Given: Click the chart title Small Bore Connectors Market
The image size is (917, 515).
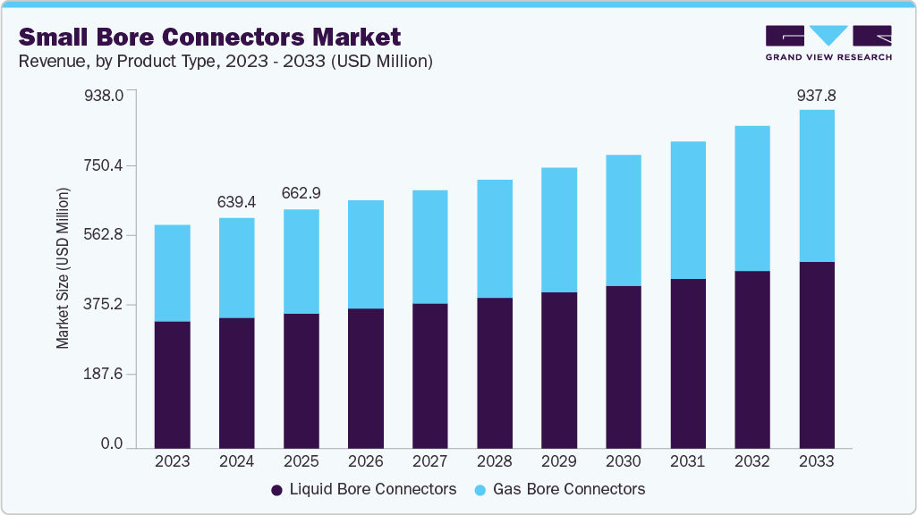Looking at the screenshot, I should coord(209,37).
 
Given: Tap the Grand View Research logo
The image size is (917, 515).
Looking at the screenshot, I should coord(828,43).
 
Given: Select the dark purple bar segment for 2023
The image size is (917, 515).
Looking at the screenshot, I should coord(173,384).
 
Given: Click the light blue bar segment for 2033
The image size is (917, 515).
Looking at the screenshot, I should coord(817,186).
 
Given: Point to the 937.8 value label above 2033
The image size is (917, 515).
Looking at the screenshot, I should coord(817,95).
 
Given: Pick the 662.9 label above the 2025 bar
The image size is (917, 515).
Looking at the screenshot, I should coord(301,194).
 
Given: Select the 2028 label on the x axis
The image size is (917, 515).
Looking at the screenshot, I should coord(495,461).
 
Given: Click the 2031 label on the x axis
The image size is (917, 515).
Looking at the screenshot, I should coord(688,461).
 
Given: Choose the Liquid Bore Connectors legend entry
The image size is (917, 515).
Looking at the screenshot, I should coord(363,489).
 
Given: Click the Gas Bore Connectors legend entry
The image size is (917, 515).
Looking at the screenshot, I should coord(558,489).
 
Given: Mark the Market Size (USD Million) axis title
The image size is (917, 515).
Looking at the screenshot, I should coord(63,268).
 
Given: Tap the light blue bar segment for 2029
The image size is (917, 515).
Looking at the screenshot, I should coord(559,230).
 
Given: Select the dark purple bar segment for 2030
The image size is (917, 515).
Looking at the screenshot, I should coord(624,367).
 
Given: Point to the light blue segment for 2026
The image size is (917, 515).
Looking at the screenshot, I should coord(366,254).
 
